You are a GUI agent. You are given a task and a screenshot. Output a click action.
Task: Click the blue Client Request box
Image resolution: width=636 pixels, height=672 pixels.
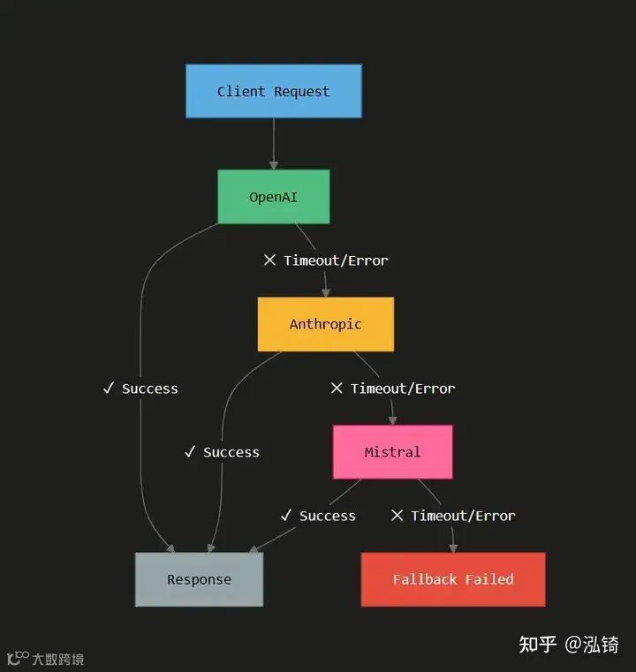tap(273, 91)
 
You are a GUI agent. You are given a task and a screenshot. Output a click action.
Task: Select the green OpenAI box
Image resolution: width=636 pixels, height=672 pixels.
tap(273, 197)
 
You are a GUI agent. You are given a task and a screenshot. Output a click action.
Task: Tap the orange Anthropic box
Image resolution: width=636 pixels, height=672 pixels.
tap(325, 324)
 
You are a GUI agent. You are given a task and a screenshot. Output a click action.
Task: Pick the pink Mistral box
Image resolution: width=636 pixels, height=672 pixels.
tap(392, 452)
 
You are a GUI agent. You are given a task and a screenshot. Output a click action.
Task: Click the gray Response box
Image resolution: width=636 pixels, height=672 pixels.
tap(199, 579)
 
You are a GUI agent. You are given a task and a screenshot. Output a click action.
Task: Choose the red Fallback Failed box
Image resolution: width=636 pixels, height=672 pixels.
tap(452, 579)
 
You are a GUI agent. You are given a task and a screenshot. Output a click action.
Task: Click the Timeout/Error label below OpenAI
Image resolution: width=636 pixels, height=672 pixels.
tap(326, 260)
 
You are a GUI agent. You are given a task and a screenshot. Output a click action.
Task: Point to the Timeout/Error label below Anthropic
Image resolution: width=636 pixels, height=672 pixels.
tap(393, 389)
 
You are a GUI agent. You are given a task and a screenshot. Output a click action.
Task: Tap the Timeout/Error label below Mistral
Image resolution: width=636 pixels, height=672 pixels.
tap(453, 516)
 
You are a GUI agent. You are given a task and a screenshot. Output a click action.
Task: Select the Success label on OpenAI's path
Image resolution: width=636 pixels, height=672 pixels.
tap(141, 389)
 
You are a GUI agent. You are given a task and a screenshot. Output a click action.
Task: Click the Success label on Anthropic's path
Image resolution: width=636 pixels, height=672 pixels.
tap(223, 452)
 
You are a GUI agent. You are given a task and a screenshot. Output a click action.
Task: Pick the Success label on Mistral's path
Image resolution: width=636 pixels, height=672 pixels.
tap(319, 516)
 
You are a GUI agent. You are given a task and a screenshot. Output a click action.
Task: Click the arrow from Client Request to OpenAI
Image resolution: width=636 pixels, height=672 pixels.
tap(274, 141)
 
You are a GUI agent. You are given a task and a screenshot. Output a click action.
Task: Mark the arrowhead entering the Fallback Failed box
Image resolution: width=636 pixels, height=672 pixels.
tap(453, 547)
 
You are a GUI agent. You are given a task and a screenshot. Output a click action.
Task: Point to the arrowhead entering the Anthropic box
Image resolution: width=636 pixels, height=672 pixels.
tap(326, 292)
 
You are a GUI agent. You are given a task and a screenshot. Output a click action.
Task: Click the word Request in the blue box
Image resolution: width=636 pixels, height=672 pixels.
tap(301, 91)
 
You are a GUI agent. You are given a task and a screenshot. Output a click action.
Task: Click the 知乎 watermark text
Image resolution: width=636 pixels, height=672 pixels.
tap(537, 645)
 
